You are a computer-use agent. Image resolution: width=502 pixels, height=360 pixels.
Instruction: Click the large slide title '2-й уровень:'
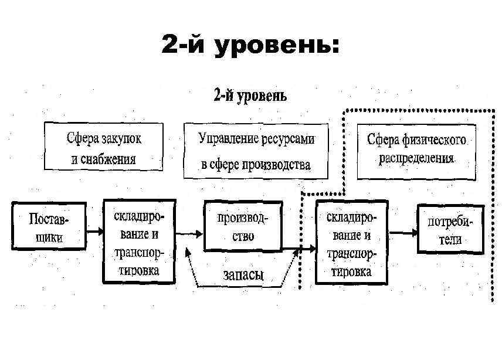pyautogui.click(x=250, y=45)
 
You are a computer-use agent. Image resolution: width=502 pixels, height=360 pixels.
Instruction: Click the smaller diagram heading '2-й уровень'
pyautogui.click(x=249, y=96)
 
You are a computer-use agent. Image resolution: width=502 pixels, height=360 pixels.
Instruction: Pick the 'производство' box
pyautogui.click(x=243, y=227)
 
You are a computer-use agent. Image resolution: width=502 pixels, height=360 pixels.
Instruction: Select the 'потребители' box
pyautogui.click(x=450, y=229)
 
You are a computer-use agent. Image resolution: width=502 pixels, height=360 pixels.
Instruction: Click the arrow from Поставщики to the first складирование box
pyautogui.click(x=95, y=231)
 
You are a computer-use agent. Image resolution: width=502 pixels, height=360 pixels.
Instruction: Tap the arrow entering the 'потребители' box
pyautogui.click(x=404, y=231)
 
